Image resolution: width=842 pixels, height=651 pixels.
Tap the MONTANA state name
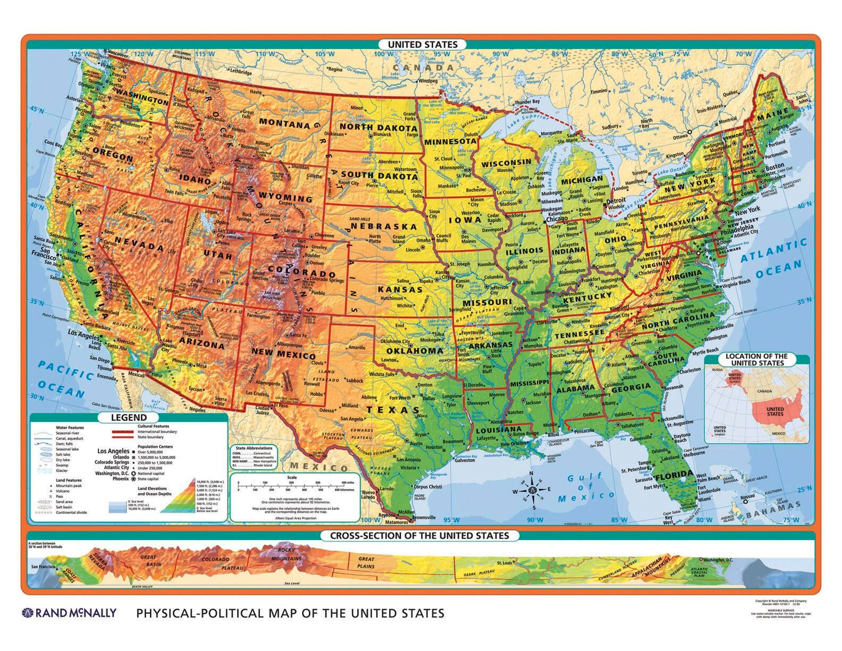284,124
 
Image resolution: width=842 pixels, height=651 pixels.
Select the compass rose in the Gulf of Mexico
534,489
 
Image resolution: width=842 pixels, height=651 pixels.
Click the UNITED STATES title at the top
422,45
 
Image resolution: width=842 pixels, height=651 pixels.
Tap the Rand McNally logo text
69,613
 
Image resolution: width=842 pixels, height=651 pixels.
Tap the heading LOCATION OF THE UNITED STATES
757,359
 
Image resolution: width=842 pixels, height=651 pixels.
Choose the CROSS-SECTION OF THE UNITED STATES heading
419,536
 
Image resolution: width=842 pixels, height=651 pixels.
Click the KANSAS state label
400,290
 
